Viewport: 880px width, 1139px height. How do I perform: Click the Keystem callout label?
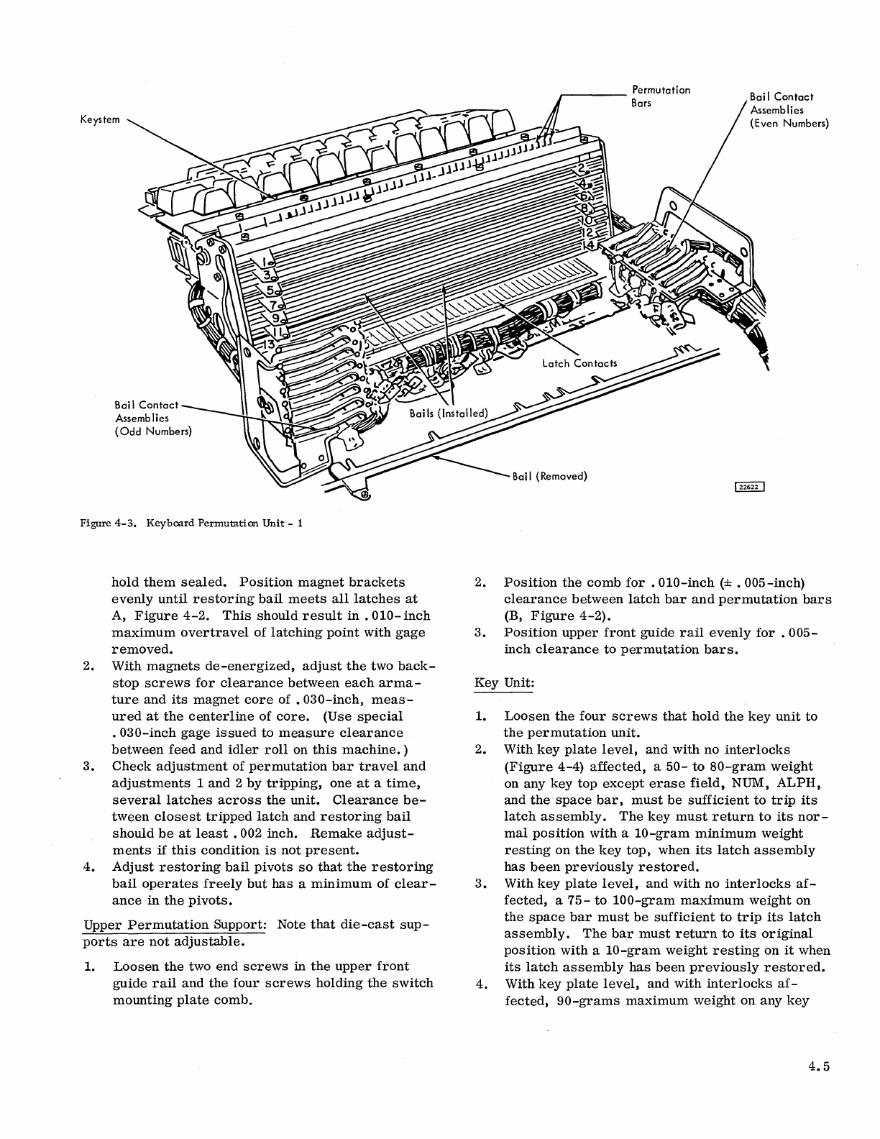point(101,120)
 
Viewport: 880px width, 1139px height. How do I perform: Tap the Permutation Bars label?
point(660,96)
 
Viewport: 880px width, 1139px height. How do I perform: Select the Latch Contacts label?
point(579,363)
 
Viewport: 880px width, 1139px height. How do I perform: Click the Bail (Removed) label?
point(550,477)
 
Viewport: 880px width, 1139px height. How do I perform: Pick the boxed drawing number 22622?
point(749,487)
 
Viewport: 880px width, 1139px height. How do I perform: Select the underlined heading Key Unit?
point(504,682)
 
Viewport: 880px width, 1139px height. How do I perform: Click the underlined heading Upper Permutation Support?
point(175,924)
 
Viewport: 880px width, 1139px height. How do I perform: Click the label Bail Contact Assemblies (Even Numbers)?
point(789,110)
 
